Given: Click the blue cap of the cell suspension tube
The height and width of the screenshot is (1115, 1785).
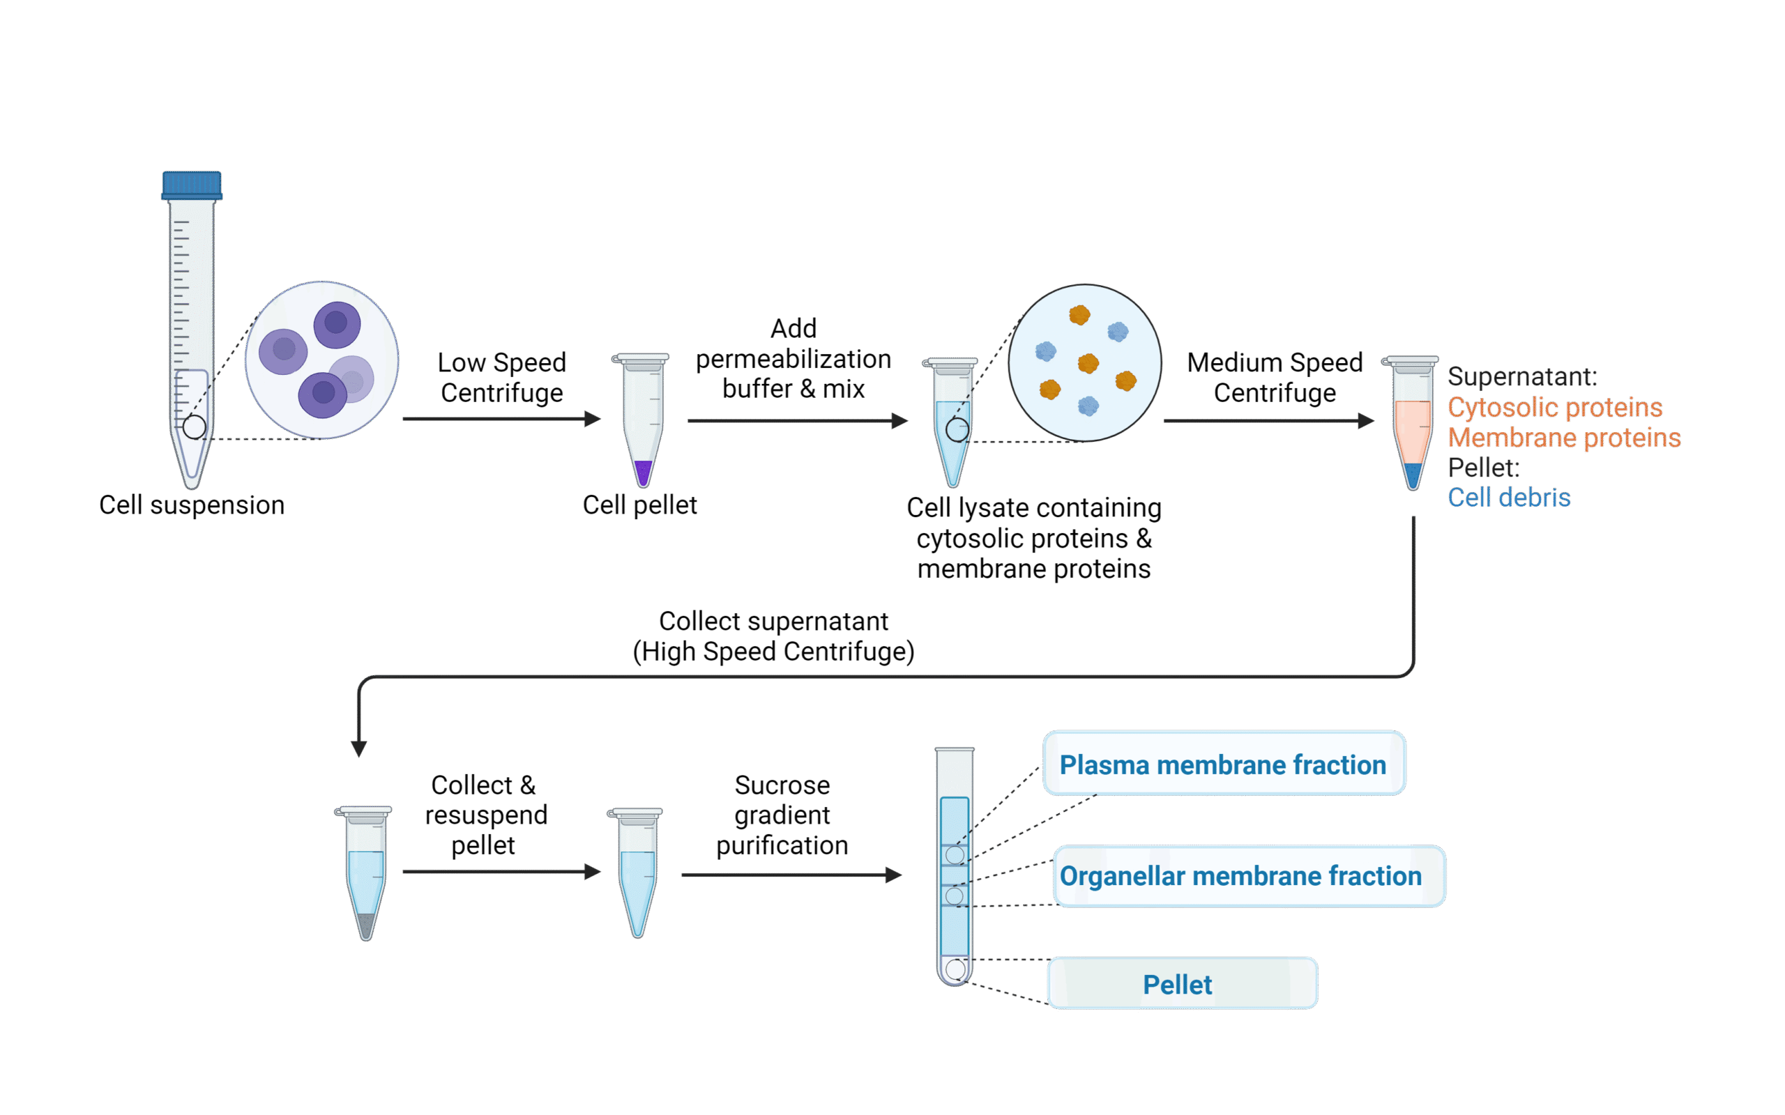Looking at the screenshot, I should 192,185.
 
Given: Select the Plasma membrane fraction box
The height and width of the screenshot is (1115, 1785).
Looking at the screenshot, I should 1224,764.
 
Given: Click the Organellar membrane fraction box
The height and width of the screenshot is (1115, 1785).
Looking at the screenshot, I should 1248,876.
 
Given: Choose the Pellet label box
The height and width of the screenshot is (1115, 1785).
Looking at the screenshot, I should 1182,984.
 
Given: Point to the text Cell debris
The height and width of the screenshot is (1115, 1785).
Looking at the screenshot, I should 1508,498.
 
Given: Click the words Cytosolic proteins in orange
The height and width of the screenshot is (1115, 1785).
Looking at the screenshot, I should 1554,407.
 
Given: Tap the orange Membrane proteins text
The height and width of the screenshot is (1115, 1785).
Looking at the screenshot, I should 1564,438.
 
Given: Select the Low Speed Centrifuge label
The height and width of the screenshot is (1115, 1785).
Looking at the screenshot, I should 501,378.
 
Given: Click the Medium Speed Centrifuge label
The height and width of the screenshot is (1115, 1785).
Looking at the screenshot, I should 1275,378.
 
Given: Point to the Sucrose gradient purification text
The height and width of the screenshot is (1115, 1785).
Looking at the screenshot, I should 782,815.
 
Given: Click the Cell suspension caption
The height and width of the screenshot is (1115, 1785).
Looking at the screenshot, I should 192,505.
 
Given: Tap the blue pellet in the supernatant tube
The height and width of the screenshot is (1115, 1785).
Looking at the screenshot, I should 1413,474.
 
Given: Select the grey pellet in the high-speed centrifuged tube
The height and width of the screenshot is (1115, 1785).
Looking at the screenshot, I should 366,924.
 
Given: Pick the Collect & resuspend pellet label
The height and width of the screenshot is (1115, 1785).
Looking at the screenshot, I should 485,815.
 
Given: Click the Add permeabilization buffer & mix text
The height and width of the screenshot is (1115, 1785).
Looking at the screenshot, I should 793,359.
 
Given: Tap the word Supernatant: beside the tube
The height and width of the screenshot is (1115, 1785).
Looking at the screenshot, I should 1521,377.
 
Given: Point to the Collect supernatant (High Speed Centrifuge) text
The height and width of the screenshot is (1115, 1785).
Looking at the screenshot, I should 773,636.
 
